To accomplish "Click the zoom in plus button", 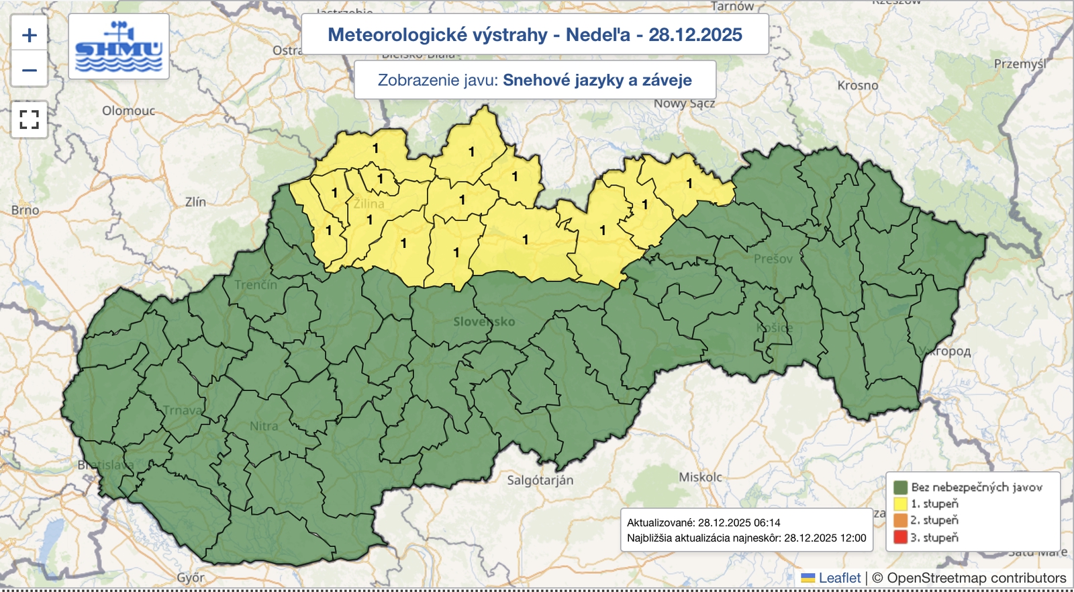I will coord(30,35).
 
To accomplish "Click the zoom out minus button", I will coord(30,70).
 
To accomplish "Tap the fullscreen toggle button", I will coord(30,120).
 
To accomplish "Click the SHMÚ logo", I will coord(119,46).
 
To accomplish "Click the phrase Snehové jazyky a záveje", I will coord(597,81).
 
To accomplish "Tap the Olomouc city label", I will coord(128,111).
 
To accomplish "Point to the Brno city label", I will coord(25,210).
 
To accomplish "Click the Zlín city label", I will coord(195,202).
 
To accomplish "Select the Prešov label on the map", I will coord(773,259).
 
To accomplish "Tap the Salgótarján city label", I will coord(540,480).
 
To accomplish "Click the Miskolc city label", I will coord(700,477).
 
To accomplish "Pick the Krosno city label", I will coord(857,86).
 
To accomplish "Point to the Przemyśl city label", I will coord(1020,64).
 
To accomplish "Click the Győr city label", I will coord(191,578).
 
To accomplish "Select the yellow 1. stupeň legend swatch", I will coord(900,504).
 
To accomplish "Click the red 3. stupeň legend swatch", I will coord(900,538).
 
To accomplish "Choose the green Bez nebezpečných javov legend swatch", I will coord(900,487).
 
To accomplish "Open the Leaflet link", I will coord(839,578).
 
